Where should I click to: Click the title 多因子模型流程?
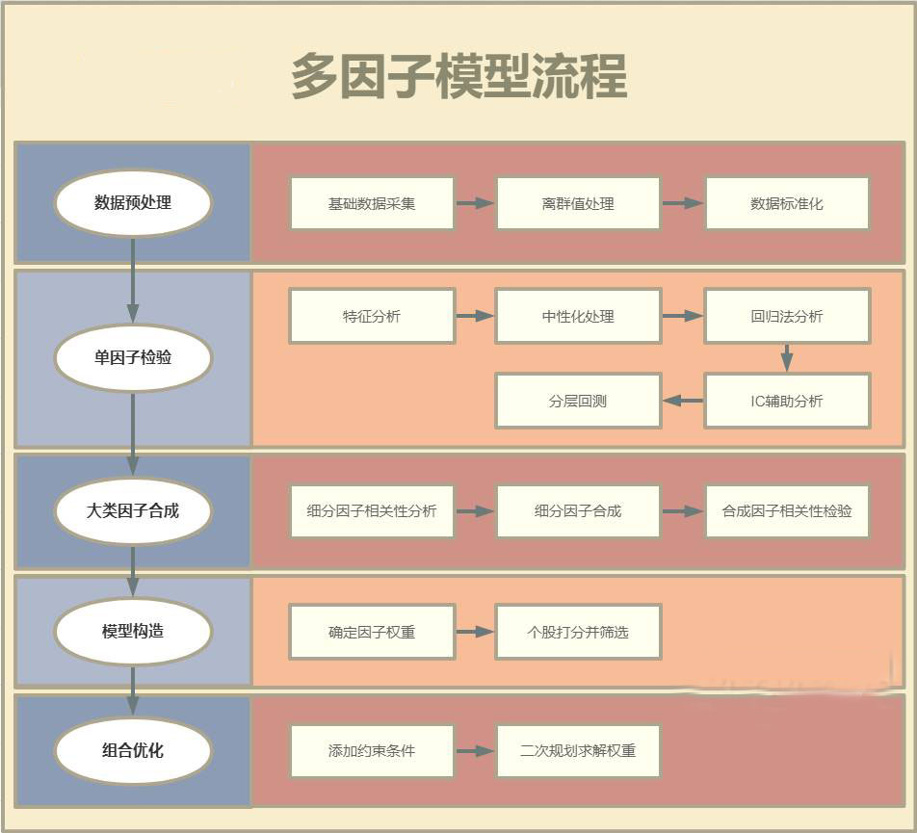coord(458,76)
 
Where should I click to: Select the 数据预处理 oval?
coord(133,203)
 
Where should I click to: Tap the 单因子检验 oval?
coord(133,357)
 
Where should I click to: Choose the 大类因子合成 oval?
coord(133,510)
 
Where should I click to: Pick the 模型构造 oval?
coord(133,631)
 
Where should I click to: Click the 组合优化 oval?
coord(133,750)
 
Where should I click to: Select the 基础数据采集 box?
coord(372,203)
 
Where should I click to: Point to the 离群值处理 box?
coord(578,203)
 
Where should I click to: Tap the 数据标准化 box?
coord(787,203)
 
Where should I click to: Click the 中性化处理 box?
coord(578,316)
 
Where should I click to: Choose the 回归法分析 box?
coord(787,316)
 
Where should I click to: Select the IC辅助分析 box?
coord(787,401)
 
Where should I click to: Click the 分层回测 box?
coord(578,401)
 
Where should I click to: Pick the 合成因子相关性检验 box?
coord(787,511)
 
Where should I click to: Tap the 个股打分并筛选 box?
coord(578,632)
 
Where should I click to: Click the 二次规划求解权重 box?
coord(578,750)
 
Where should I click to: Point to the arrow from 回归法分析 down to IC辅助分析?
coord(787,358)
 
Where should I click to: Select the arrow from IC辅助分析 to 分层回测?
coord(683,401)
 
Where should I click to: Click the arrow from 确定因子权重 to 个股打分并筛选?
coord(475,632)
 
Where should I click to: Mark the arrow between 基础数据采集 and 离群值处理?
coord(475,203)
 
